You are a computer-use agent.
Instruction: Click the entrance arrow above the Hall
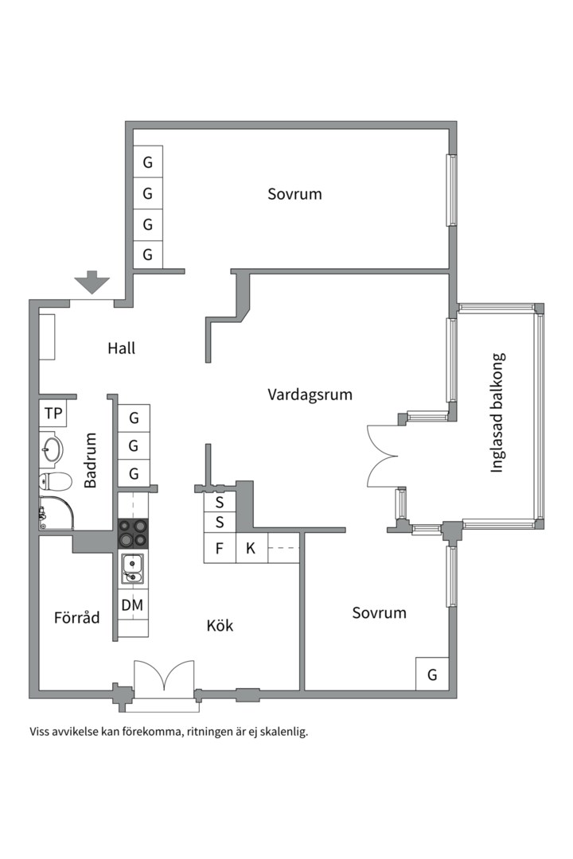tap(92, 282)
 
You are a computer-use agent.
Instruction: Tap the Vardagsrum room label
tap(310, 395)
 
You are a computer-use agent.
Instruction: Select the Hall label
tap(121, 348)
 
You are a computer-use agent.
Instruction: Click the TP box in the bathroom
tap(53, 414)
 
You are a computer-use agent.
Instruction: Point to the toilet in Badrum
tap(56, 482)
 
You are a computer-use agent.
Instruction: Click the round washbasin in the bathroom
tap(52, 449)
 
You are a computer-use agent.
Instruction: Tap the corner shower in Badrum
tap(57, 513)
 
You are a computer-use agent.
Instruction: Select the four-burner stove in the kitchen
tap(134, 533)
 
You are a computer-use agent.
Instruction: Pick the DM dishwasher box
tap(133, 605)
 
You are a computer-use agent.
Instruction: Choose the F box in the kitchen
tap(220, 548)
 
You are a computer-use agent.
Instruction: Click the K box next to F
tap(251, 548)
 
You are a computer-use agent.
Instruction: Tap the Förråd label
tap(76, 617)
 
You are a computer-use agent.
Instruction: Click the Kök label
tap(220, 625)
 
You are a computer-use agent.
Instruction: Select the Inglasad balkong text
tap(497, 413)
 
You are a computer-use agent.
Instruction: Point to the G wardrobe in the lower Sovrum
tap(432, 674)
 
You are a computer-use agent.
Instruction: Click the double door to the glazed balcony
tap(382, 456)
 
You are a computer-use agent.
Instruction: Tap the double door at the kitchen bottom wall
tap(164, 678)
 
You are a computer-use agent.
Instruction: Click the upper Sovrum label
tap(294, 194)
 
